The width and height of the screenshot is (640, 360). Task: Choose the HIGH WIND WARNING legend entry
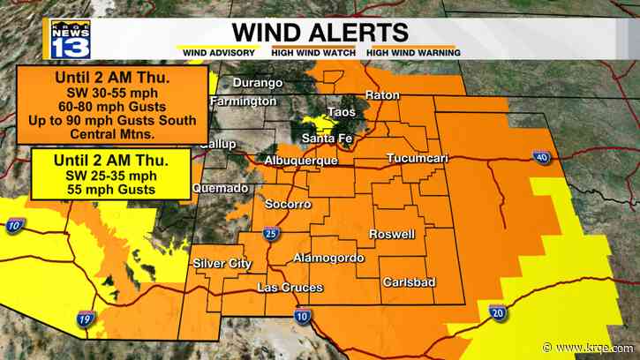click(413, 53)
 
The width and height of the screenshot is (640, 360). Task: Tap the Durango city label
click(258, 83)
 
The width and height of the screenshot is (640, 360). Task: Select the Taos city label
click(341, 112)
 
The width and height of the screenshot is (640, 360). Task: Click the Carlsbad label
click(407, 282)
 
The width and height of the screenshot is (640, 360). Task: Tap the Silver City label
click(222, 263)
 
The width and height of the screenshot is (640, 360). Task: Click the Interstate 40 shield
click(540, 158)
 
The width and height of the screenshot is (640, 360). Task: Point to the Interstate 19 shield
click(84, 320)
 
